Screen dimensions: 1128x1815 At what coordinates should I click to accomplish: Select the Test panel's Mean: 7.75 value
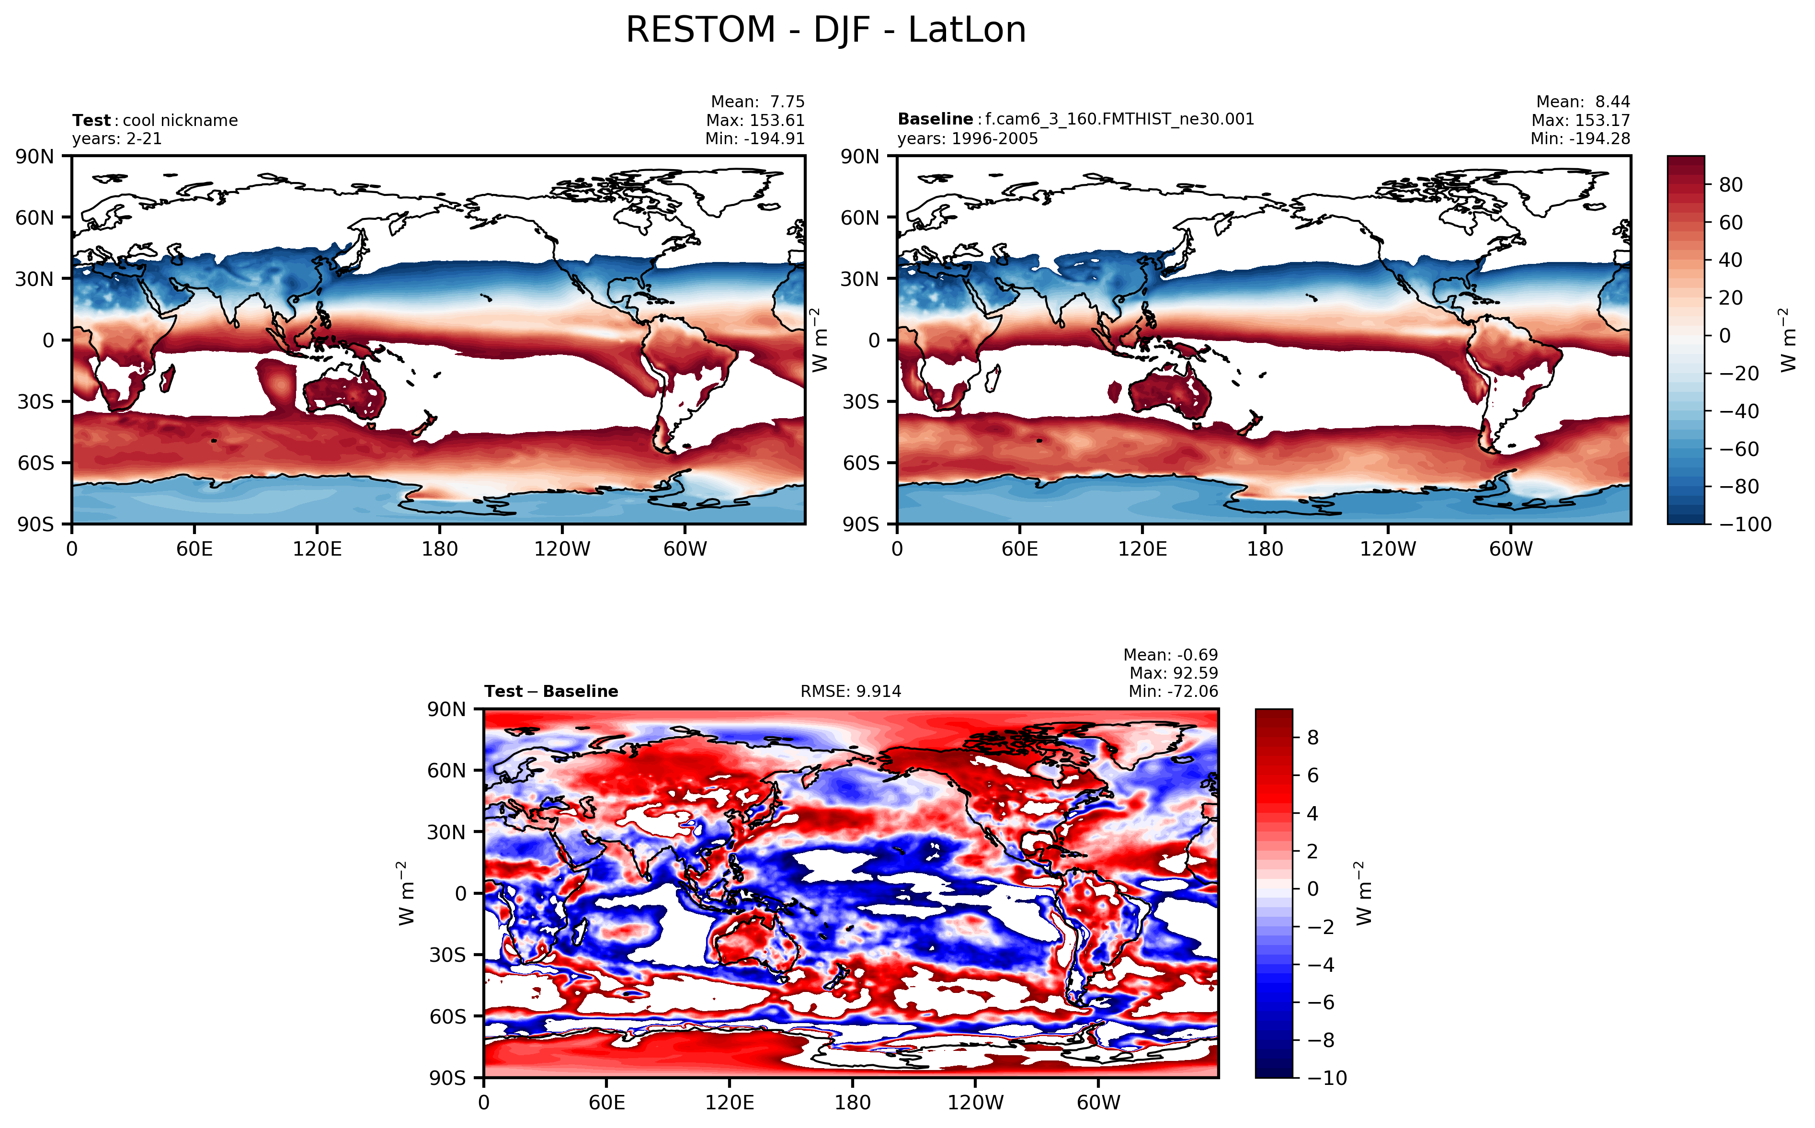click(757, 102)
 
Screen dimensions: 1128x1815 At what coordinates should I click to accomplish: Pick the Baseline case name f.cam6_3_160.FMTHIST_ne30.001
click(1119, 119)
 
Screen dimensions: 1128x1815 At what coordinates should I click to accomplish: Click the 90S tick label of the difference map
click(447, 1078)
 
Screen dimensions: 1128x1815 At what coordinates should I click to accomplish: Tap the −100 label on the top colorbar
click(1745, 524)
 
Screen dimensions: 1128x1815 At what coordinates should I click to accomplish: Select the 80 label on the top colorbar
click(1731, 185)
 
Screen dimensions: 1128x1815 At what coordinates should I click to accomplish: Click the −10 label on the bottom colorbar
click(1327, 1078)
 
